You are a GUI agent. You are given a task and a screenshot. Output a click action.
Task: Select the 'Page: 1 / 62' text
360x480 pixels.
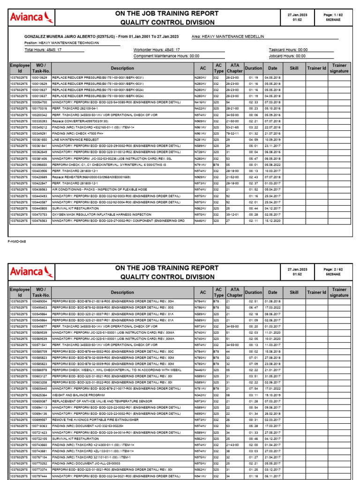333,15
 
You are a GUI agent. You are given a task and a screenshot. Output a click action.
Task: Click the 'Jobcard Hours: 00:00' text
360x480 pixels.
288,55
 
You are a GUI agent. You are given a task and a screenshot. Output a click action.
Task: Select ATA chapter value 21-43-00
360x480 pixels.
233,444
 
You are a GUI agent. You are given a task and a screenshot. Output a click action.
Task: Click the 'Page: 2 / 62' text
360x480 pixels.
333,269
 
